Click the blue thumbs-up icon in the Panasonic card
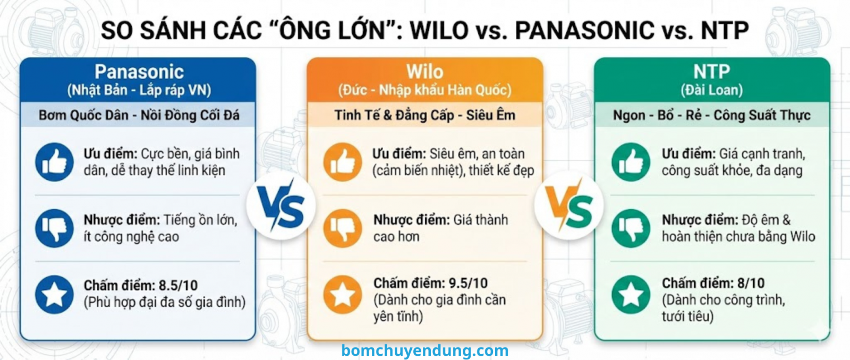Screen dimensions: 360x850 coord(54,162)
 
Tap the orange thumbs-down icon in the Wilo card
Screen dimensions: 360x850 coord(343,228)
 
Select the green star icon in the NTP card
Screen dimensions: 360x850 coord(631,294)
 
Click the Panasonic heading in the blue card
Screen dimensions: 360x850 coord(139,72)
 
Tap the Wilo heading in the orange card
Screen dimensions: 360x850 coord(424,72)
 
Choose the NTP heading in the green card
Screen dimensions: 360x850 coord(711,72)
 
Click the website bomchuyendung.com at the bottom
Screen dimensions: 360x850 coord(424,350)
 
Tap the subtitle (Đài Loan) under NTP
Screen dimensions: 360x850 coord(711,90)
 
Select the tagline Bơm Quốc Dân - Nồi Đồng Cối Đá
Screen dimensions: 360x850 coord(139,115)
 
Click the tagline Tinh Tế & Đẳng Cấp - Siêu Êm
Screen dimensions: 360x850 coord(424,115)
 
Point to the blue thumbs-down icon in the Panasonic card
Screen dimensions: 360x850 coord(54,228)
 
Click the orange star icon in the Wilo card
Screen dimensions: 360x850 coord(343,294)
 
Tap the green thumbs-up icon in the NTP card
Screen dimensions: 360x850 coord(631,162)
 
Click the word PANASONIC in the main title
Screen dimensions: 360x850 coord(584,30)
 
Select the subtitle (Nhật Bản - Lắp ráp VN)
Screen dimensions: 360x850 coord(139,90)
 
